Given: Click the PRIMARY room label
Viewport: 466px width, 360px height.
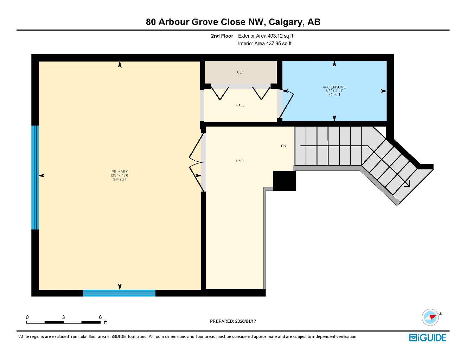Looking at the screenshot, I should click(x=120, y=172).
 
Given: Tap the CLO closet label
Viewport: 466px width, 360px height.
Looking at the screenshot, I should click(x=241, y=72).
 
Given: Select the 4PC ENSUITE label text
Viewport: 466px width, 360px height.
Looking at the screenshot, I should click(x=334, y=87).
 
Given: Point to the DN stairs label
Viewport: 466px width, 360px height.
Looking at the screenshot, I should click(x=283, y=146).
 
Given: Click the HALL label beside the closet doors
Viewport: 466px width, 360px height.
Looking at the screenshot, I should click(x=240, y=105).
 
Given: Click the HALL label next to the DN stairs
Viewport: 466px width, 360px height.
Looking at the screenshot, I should click(x=240, y=161).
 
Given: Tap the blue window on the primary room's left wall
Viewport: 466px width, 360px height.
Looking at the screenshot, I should click(x=35, y=178).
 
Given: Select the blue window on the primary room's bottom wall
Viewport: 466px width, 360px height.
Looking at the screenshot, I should click(x=119, y=293).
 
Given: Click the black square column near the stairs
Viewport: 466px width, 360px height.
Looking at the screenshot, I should click(x=285, y=181).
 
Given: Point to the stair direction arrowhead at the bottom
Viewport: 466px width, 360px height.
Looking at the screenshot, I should click(x=407, y=183).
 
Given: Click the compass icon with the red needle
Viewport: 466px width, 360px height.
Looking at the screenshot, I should click(x=430, y=317).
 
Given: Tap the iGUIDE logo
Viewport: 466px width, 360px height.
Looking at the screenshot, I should click(x=428, y=337).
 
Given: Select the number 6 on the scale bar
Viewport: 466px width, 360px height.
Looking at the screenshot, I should click(x=100, y=317).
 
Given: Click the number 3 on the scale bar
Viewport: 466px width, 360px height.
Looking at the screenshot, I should click(x=63, y=317).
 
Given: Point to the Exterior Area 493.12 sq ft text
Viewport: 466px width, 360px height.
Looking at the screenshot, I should click(x=266, y=36).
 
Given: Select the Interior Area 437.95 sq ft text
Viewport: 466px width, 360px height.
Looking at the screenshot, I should click(x=264, y=44).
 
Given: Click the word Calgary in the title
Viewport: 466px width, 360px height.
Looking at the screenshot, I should click(x=286, y=22).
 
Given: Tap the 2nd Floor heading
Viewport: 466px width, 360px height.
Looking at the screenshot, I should click(x=222, y=36).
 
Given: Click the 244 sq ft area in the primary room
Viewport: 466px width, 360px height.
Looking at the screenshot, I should click(x=120, y=179).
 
